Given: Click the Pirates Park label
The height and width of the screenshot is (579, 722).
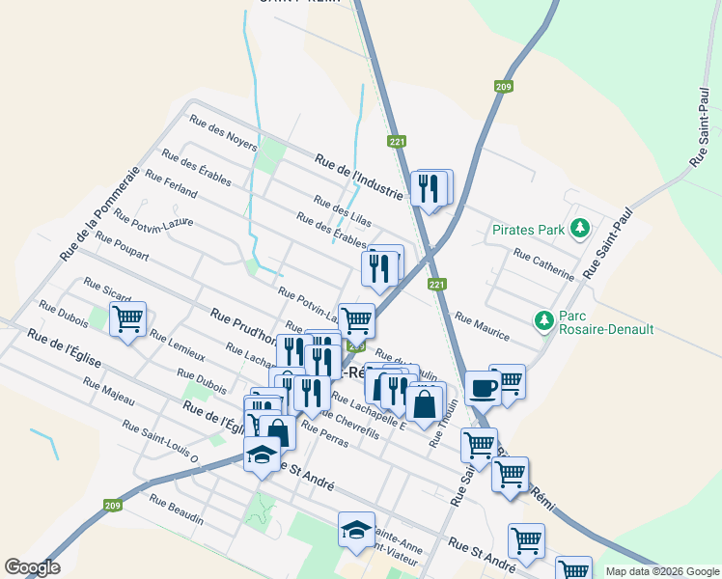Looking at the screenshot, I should click(x=527, y=230).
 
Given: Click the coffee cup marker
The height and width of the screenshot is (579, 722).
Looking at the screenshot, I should click(x=483, y=389).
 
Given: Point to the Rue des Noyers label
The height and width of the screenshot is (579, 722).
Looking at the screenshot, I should click(x=223, y=133).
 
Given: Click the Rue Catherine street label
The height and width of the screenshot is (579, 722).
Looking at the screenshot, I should click(x=543, y=264).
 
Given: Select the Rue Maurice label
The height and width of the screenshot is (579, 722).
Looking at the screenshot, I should click(x=482, y=325).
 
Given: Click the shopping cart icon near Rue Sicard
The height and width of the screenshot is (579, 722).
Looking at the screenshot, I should click(x=127, y=318).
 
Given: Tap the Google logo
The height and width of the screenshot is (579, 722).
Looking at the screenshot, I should click(x=32, y=566).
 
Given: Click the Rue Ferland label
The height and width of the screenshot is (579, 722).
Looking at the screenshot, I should click(x=170, y=185).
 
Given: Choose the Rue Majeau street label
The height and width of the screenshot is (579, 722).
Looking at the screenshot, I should click(x=108, y=390).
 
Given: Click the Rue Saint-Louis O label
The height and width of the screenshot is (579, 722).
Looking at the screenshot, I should click(x=160, y=440).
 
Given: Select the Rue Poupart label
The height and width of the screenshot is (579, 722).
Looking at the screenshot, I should click(x=123, y=247).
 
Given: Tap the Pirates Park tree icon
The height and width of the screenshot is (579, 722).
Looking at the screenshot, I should click(x=580, y=229).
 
